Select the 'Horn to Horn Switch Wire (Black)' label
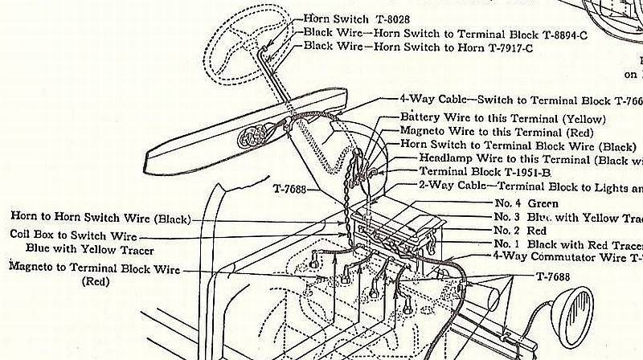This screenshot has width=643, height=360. click(101, 217)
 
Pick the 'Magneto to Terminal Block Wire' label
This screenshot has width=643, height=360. click(95, 268)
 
